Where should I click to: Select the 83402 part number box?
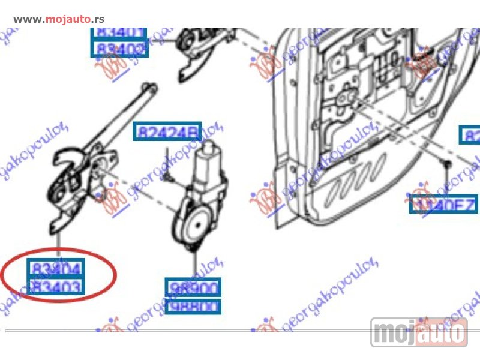click(x=119, y=47)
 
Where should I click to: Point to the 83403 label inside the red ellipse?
click(x=57, y=287)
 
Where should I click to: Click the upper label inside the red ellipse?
click(x=57, y=268)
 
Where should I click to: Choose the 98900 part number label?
click(x=193, y=288)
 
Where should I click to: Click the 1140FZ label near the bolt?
click(x=443, y=206)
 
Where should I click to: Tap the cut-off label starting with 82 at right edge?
click(x=470, y=135)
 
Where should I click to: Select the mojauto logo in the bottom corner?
click(x=419, y=332)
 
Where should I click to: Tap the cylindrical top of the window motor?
click(x=211, y=151)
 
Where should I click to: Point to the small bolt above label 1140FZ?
click(x=446, y=164)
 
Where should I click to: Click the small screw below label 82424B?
click(x=169, y=175)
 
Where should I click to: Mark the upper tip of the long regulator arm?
click(x=147, y=89)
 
